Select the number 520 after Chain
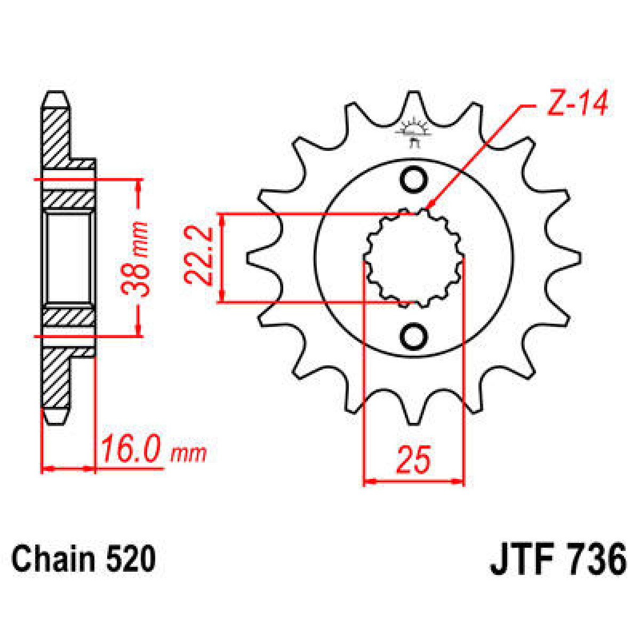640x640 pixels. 131,559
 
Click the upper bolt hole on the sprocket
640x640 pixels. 414,180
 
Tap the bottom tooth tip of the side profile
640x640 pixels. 57,419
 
